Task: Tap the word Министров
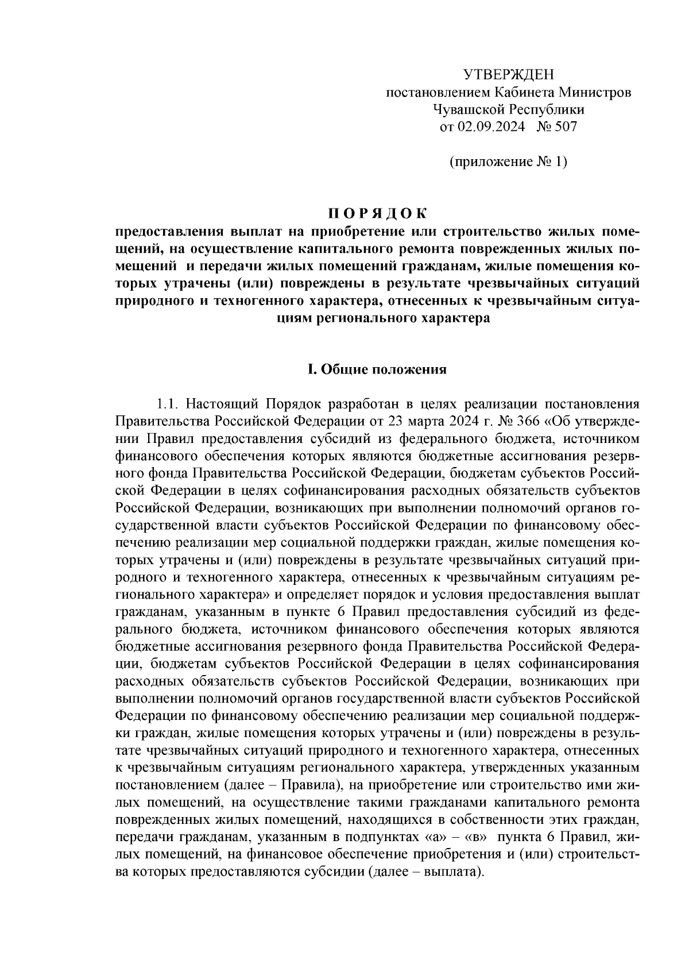[597, 92]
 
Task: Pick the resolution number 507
[566, 126]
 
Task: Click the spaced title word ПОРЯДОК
[377, 214]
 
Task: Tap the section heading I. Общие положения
[377, 369]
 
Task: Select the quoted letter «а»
[435, 837]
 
